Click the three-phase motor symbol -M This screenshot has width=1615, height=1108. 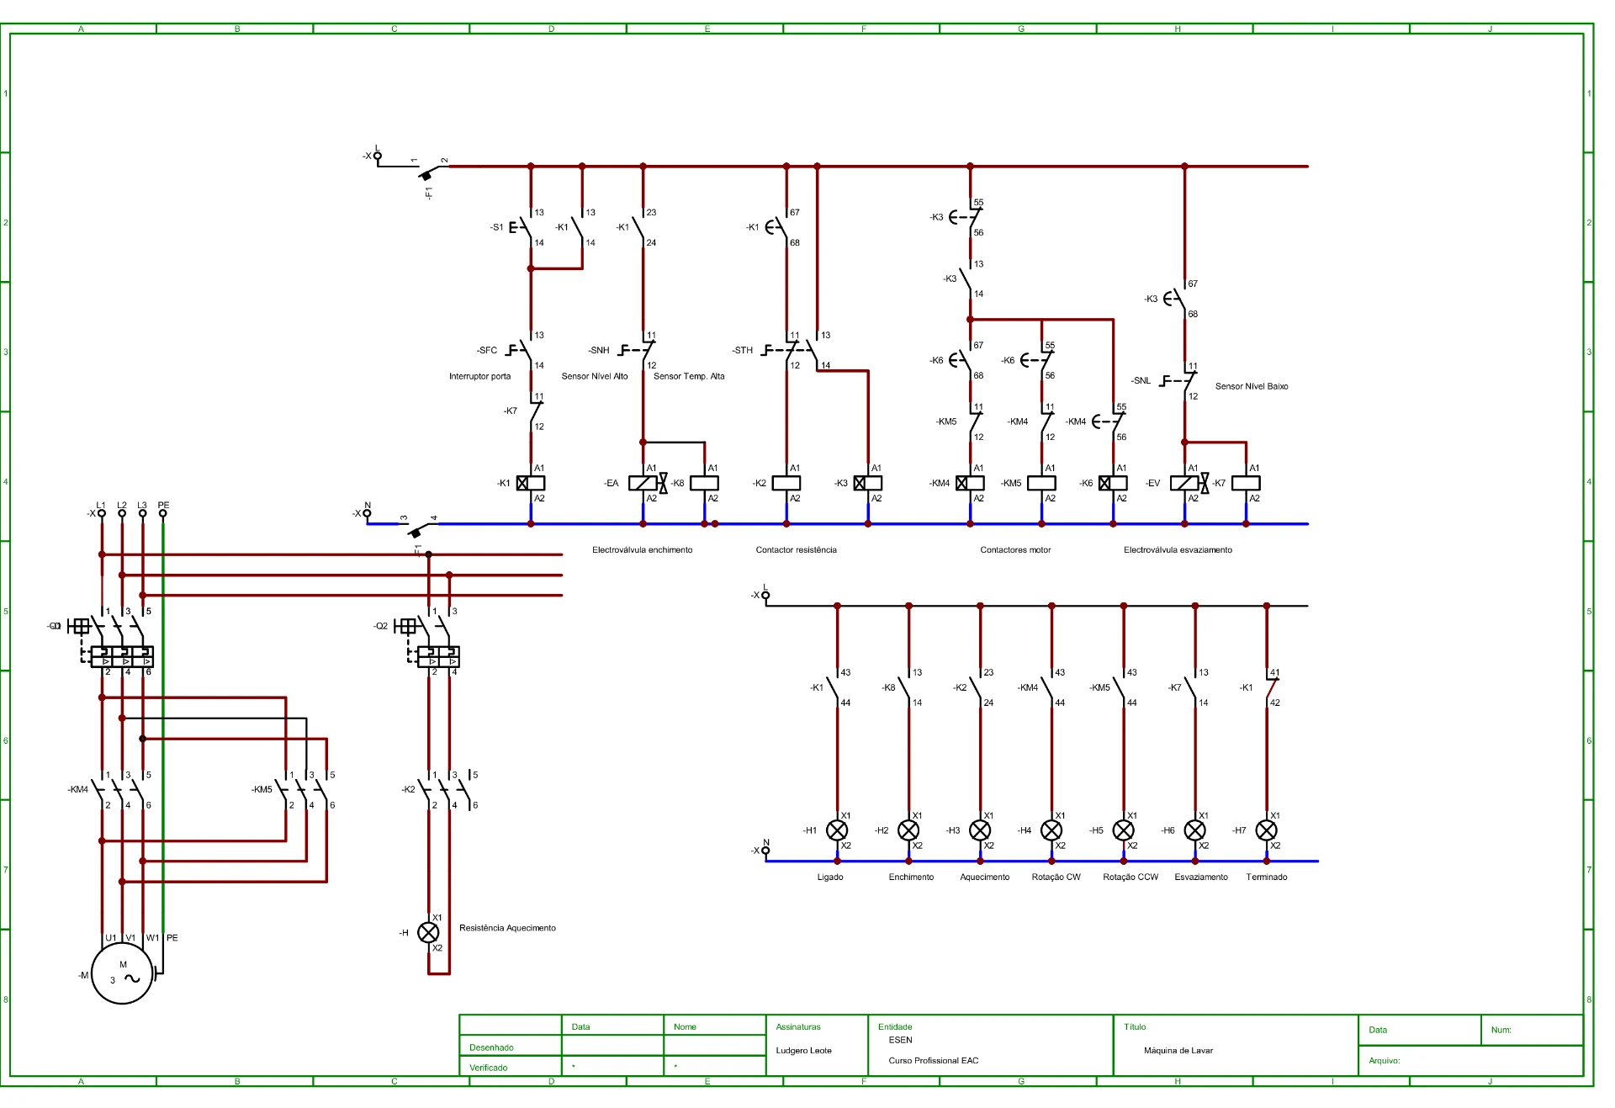(122, 973)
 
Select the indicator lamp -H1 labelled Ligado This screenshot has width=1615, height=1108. (837, 830)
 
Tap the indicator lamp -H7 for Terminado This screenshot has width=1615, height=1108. (1266, 830)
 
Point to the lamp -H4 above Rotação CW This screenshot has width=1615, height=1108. (1051, 830)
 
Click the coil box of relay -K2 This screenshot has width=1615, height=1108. (786, 483)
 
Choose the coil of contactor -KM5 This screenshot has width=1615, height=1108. (1041, 483)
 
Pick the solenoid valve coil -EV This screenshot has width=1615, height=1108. (1184, 483)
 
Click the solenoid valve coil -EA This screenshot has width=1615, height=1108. (643, 483)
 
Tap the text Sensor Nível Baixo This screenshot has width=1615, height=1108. (1252, 386)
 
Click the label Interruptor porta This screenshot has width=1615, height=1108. (479, 376)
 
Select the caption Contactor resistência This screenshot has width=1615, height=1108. (796, 550)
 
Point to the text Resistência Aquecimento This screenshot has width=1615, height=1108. (507, 928)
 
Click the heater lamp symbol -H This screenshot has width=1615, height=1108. (428, 932)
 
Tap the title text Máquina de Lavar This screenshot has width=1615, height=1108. (1178, 1051)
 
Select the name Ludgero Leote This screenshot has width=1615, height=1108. (803, 1051)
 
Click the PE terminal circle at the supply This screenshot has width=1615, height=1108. (162, 512)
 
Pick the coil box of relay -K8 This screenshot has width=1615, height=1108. (704, 483)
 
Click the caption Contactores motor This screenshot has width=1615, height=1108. (1015, 550)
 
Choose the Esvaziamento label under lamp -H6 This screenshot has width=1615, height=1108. (1201, 877)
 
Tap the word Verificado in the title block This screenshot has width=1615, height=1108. (489, 1068)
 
